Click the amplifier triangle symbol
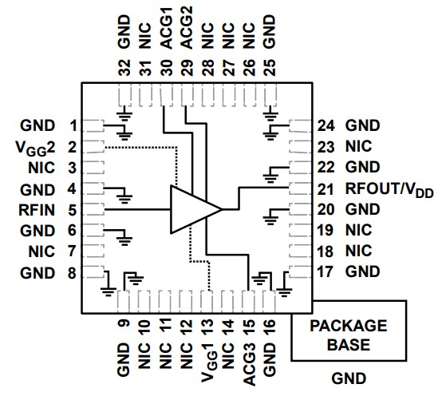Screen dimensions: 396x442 pos(192,209)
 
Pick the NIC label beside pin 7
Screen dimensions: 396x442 pos(41,251)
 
